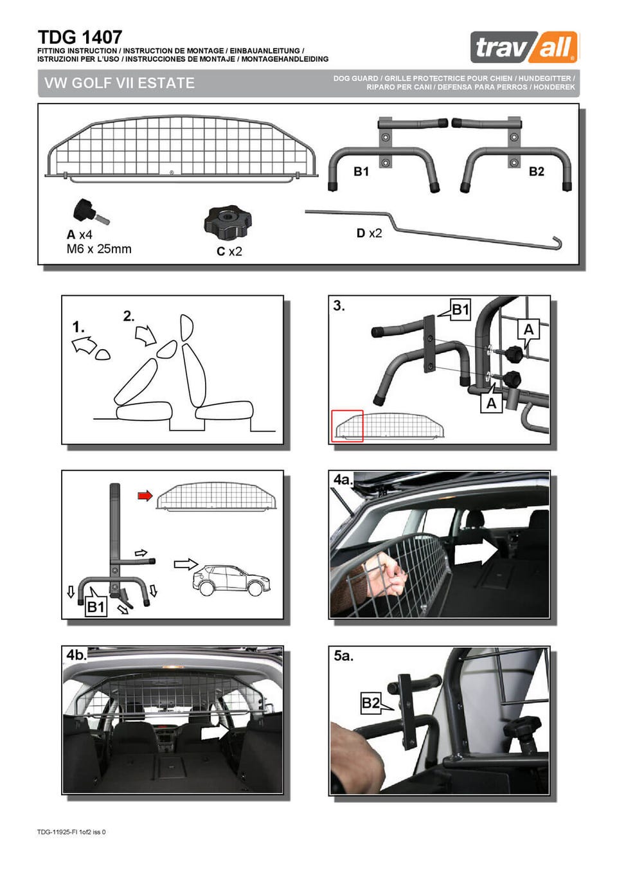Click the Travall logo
[524, 47]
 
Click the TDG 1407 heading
[80, 37]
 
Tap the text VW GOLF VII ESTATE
[119, 83]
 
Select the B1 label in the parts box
[361, 172]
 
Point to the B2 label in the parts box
[537, 172]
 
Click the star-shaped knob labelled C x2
[228, 224]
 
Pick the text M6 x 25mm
[99, 249]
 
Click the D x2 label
[369, 233]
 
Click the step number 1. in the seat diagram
[78, 327]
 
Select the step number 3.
[339, 307]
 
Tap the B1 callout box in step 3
[460, 310]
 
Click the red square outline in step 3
[347, 426]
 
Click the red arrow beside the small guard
[145, 496]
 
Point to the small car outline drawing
[232, 580]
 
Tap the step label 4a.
[343, 480]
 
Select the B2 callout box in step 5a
[371, 703]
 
